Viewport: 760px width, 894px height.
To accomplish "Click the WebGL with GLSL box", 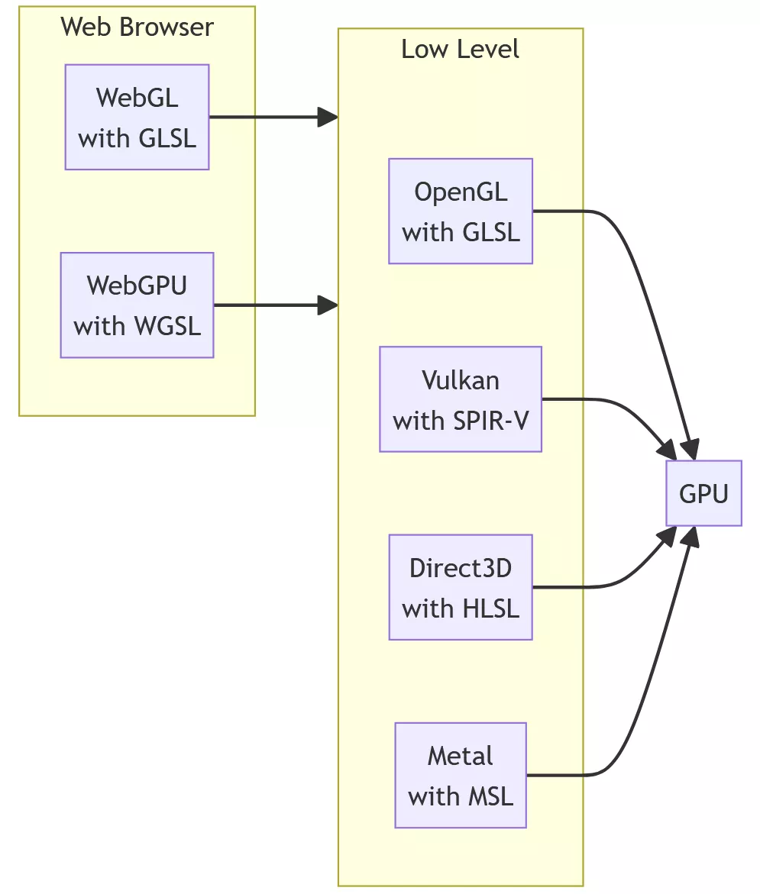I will [137, 117].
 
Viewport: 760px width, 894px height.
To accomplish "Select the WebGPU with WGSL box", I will [137, 305].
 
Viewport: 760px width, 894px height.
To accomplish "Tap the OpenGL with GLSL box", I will [460, 211].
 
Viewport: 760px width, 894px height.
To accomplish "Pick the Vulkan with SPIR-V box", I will [460, 399].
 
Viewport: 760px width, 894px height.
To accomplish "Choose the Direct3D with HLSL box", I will [460, 586].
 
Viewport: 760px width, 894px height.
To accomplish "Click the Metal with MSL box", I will [460, 775].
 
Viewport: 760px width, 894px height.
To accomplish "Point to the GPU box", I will [703, 493].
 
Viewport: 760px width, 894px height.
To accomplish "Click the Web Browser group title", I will [137, 27].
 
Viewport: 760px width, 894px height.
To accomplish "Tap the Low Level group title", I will [460, 49].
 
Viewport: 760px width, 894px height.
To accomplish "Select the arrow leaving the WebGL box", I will [267, 117].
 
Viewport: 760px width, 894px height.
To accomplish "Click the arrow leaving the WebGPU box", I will [271, 305].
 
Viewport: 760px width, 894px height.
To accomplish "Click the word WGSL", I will [167, 326].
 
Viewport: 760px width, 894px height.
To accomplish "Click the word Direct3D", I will [460, 568].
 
